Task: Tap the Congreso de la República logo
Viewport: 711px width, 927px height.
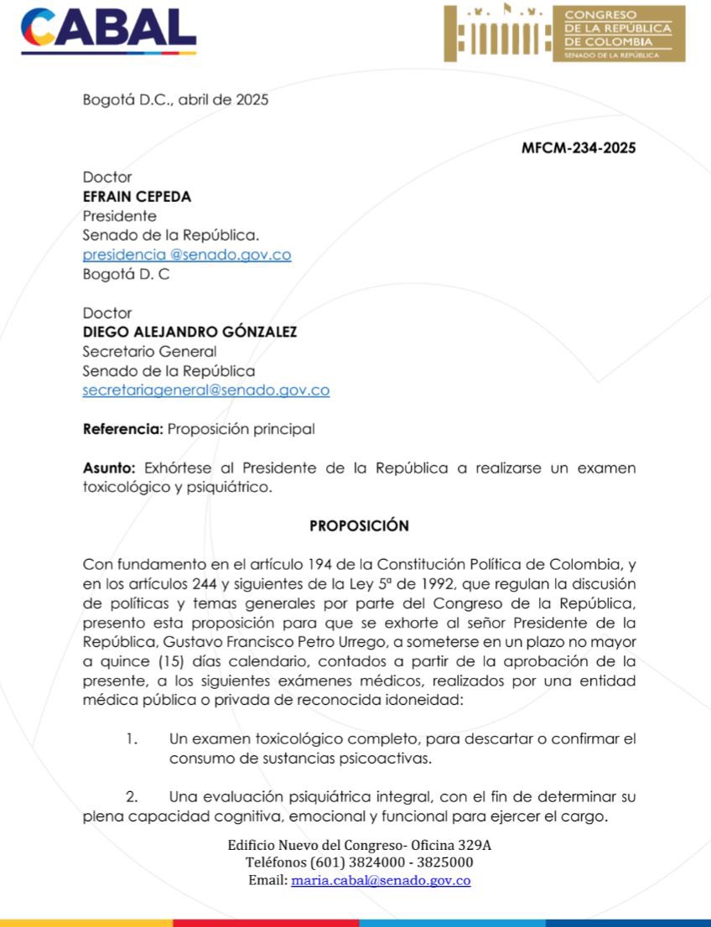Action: point(564,34)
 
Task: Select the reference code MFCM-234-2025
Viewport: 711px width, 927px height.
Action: point(579,148)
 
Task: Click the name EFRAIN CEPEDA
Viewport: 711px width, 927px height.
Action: point(137,197)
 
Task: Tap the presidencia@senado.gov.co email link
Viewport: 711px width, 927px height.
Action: point(186,255)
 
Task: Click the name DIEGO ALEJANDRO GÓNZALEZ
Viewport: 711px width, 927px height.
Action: point(189,332)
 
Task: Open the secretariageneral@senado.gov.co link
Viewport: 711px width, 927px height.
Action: point(205,390)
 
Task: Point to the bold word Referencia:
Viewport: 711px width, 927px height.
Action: point(122,429)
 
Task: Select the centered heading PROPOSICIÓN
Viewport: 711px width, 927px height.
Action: point(359,526)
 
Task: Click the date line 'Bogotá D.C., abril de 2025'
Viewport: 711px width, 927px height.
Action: point(175,100)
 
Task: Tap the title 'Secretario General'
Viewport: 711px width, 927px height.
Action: point(149,351)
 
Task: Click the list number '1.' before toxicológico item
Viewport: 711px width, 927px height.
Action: point(131,738)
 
